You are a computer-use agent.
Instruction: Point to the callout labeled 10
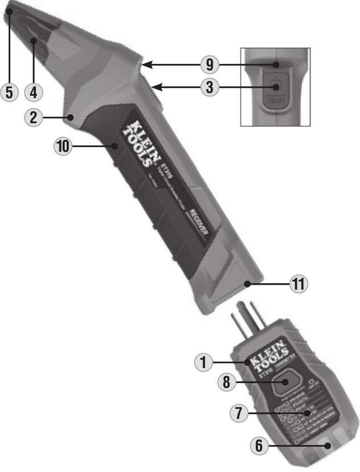64,146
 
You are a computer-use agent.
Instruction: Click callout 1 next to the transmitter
204,361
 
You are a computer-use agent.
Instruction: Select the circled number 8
227,383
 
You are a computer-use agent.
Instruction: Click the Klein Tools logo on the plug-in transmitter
265,360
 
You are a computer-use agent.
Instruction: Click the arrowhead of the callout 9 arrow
145,65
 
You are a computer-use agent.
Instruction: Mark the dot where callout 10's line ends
116,146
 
